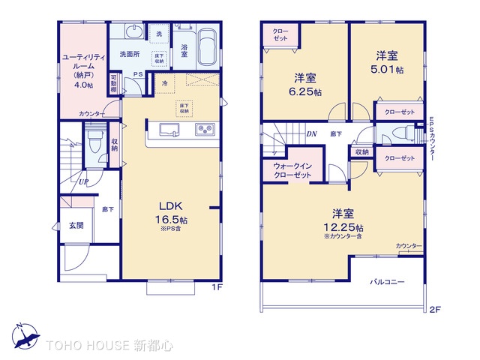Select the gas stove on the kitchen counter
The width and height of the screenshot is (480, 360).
(x=204, y=131)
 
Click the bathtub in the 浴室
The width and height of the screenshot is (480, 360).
(x=205, y=47)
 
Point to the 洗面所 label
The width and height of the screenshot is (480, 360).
(x=124, y=54)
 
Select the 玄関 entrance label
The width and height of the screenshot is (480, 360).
(x=76, y=225)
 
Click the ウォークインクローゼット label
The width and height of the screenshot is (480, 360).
(x=292, y=169)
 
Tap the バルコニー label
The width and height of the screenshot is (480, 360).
(x=387, y=282)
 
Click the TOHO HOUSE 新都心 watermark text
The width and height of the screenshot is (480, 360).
(x=108, y=346)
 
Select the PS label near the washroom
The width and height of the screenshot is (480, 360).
(x=138, y=73)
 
